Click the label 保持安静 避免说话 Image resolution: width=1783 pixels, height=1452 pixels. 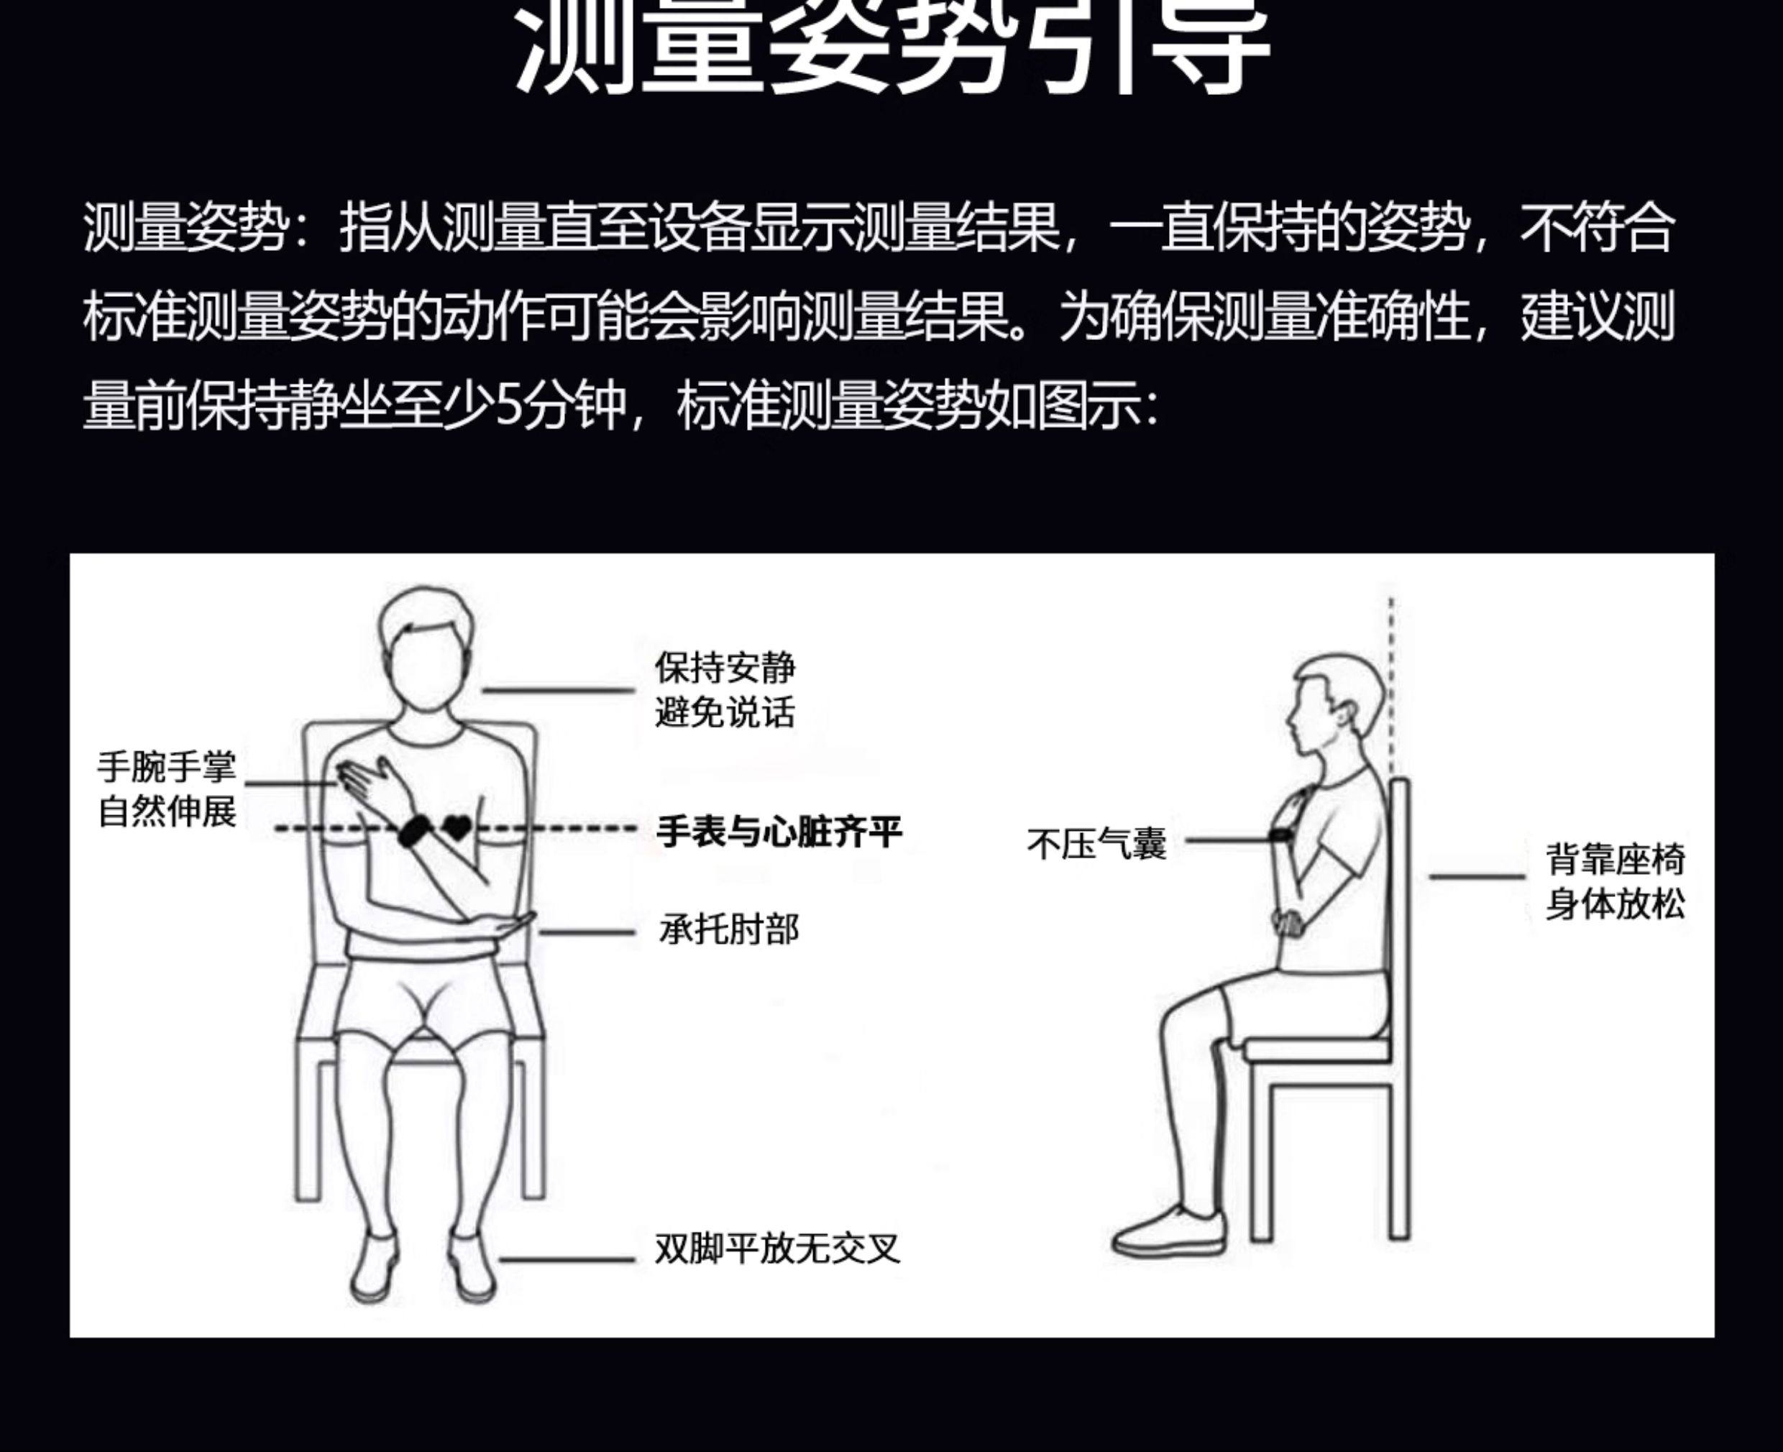725,691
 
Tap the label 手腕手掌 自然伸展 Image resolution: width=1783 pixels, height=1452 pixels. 168,789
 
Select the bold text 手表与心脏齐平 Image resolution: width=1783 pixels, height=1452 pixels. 779,832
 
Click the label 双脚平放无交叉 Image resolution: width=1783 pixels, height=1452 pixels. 777,1249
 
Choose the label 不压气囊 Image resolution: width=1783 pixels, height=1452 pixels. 1097,845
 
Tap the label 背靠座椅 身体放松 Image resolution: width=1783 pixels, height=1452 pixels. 1615,881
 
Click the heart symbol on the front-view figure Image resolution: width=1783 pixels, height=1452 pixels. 457,828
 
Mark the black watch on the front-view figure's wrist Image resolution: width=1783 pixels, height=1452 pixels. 415,830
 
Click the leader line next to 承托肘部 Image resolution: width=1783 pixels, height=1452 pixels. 587,932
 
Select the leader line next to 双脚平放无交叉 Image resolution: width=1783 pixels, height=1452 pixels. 567,1259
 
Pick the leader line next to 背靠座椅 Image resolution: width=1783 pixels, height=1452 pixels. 1477,876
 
